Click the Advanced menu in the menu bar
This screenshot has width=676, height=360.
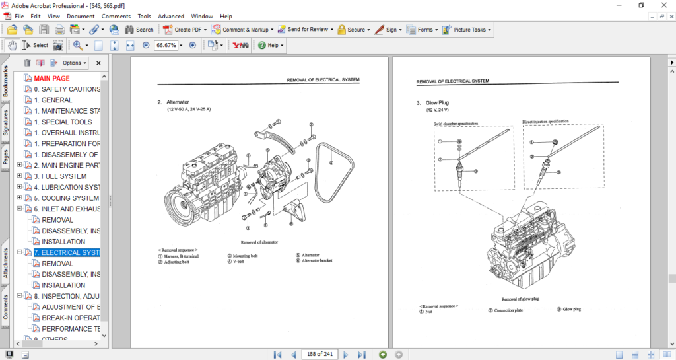[x=171, y=16]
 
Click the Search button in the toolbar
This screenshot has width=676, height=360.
[x=139, y=30]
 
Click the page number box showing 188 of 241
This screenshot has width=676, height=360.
[x=319, y=355]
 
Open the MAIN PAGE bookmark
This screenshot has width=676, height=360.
[x=51, y=78]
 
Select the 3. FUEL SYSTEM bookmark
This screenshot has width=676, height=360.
[x=60, y=176]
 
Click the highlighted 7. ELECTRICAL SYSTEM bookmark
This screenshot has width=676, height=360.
[x=67, y=252]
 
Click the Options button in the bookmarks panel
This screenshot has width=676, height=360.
[x=73, y=63]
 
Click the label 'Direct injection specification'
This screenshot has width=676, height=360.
[x=545, y=122]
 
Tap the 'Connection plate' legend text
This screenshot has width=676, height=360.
[x=508, y=310]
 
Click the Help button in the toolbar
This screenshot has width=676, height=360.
[x=271, y=46]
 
